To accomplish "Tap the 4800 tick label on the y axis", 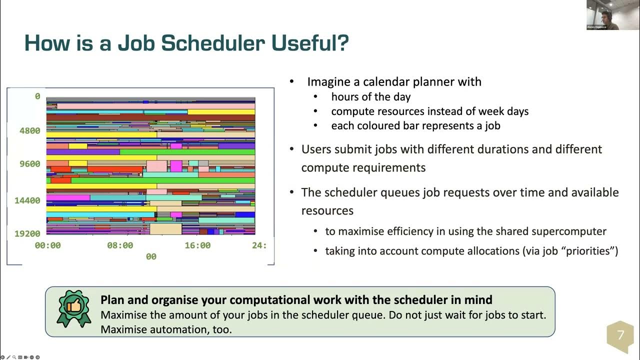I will point(30,131).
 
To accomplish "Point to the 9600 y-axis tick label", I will point(30,164).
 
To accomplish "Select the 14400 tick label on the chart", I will point(27,200).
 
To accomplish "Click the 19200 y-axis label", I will point(27,233).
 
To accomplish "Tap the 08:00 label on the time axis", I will point(120,245).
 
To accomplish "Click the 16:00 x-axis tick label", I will point(197,245).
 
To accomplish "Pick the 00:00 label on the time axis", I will point(47,245).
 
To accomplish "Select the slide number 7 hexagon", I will point(620,335).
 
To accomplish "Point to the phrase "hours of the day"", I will point(370,97).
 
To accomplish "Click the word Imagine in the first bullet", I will point(327,82).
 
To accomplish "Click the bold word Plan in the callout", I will point(111,300).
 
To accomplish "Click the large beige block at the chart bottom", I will point(165,229).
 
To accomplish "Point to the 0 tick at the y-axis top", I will point(37,96).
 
